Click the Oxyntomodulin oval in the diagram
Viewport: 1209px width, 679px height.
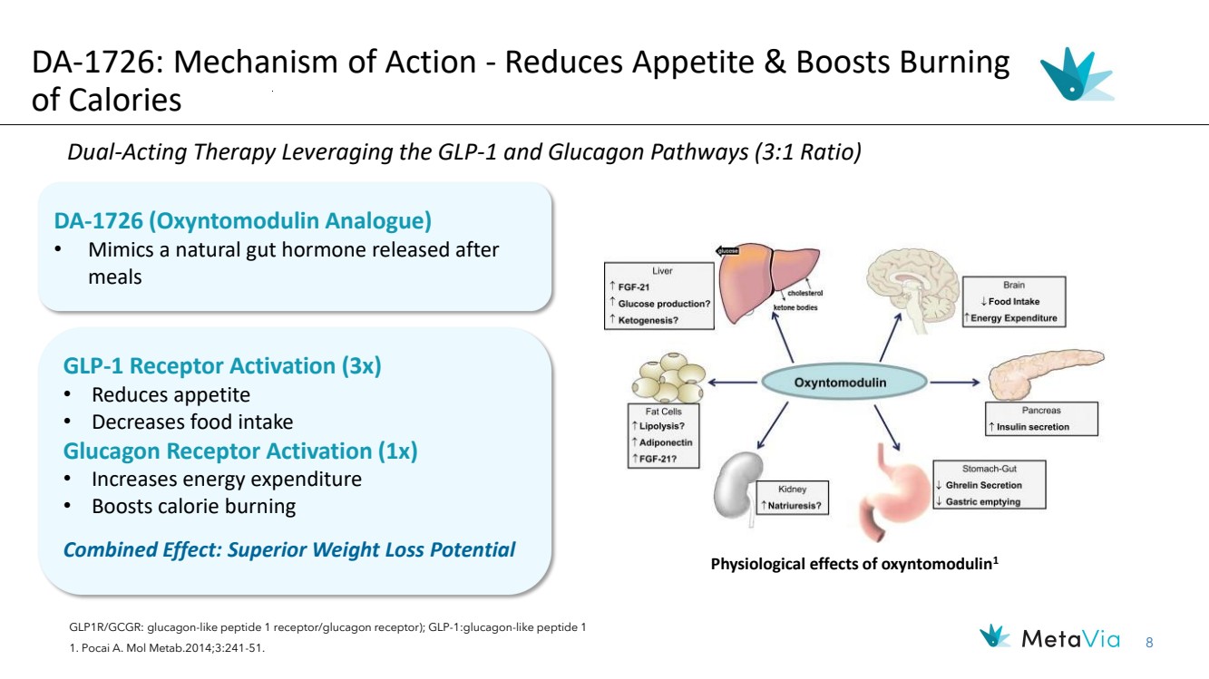pyautogui.click(x=844, y=382)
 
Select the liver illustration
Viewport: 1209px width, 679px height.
pyautogui.click(x=768, y=282)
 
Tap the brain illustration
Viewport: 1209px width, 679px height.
pyautogui.click(x=912, y=285)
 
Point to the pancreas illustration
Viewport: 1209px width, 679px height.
pyautogui.click(x=1045, y=373)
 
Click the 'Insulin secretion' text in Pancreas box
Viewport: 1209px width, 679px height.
pyautogui.click(x=1032, y=427)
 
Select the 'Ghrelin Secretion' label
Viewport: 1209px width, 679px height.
pyautogui.click(x=983, y=485)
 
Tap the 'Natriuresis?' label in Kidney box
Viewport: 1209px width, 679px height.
pyautogui.click(x=794, y=505)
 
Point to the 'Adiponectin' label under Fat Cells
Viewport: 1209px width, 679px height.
pyautogui.click(x=666, y=442)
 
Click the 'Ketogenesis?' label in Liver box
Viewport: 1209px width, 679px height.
pyautogui.click(x=648, y=320)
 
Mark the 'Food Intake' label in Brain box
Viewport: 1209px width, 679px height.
pyautogui.click(x=1014, y=302)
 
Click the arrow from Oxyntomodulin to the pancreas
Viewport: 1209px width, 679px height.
pyautogui.click(x=954, y=383)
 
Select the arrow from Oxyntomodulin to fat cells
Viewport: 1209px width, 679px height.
pyautogui.click(x=733, y=383)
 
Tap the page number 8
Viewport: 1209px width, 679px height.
pyautogui.click(x=1149, y=643)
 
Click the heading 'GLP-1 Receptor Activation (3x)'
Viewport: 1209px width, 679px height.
pyautogui.click(x=222, y=365)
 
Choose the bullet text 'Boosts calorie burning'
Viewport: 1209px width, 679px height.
pyautogui.click(x=194, y=507)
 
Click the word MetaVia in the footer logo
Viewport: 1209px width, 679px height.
pyautogui.click(x=1070, y=640)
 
